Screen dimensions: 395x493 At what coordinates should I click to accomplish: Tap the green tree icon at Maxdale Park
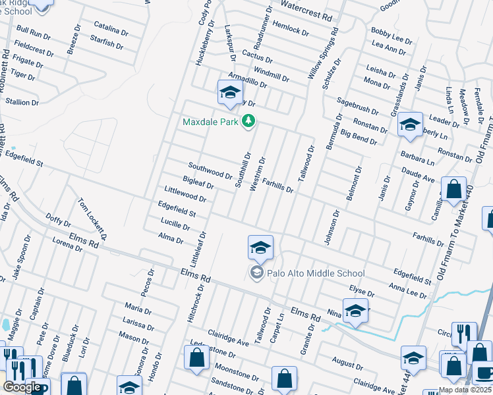pos(248,121)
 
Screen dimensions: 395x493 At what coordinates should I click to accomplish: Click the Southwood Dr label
pos(210,171)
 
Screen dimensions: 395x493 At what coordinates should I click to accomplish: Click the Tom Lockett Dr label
pos(93,219)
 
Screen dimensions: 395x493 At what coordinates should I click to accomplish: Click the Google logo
pos(22,388)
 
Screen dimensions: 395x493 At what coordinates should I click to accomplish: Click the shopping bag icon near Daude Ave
pos(454,190)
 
